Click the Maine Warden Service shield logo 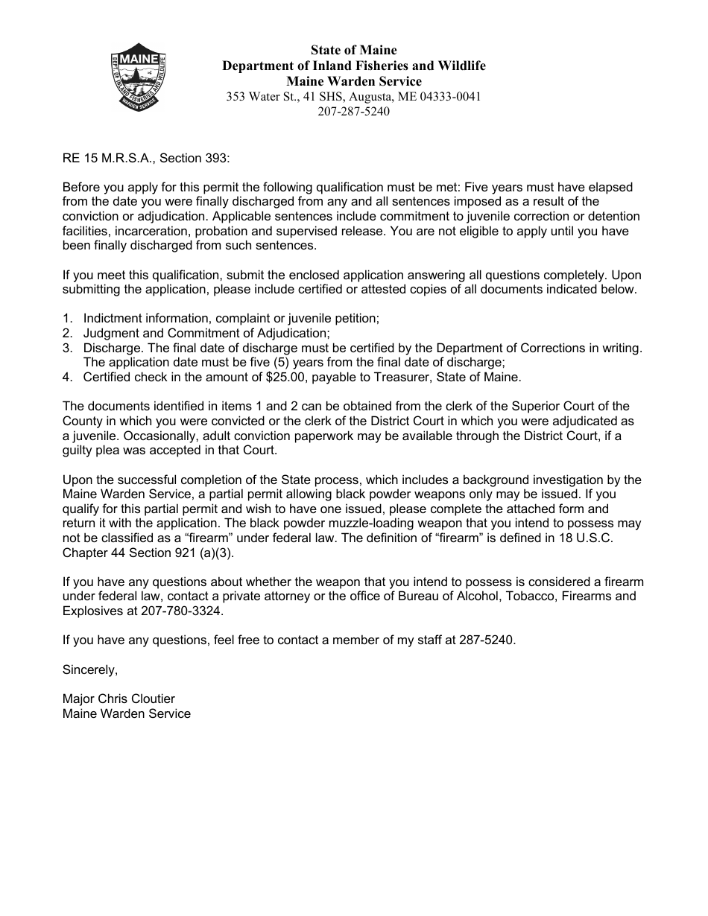tap(138, 78)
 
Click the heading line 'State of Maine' tap(354, 51)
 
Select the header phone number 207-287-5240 tap(353, 112)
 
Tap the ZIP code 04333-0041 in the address tap(451, 97)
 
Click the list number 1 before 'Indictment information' tap(66, 318)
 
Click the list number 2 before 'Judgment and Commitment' tap(66, 333)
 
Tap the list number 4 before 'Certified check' tap(66, 377)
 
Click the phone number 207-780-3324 tap(186, 611)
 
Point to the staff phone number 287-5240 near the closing tap(491, 640)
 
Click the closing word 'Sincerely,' tap(90, 669)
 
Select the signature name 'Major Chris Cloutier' tap(118, 699)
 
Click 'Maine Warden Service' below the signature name tap(127, 713)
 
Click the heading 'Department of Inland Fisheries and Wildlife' tap(354, 66)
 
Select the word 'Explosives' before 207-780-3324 tap(90, 611)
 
